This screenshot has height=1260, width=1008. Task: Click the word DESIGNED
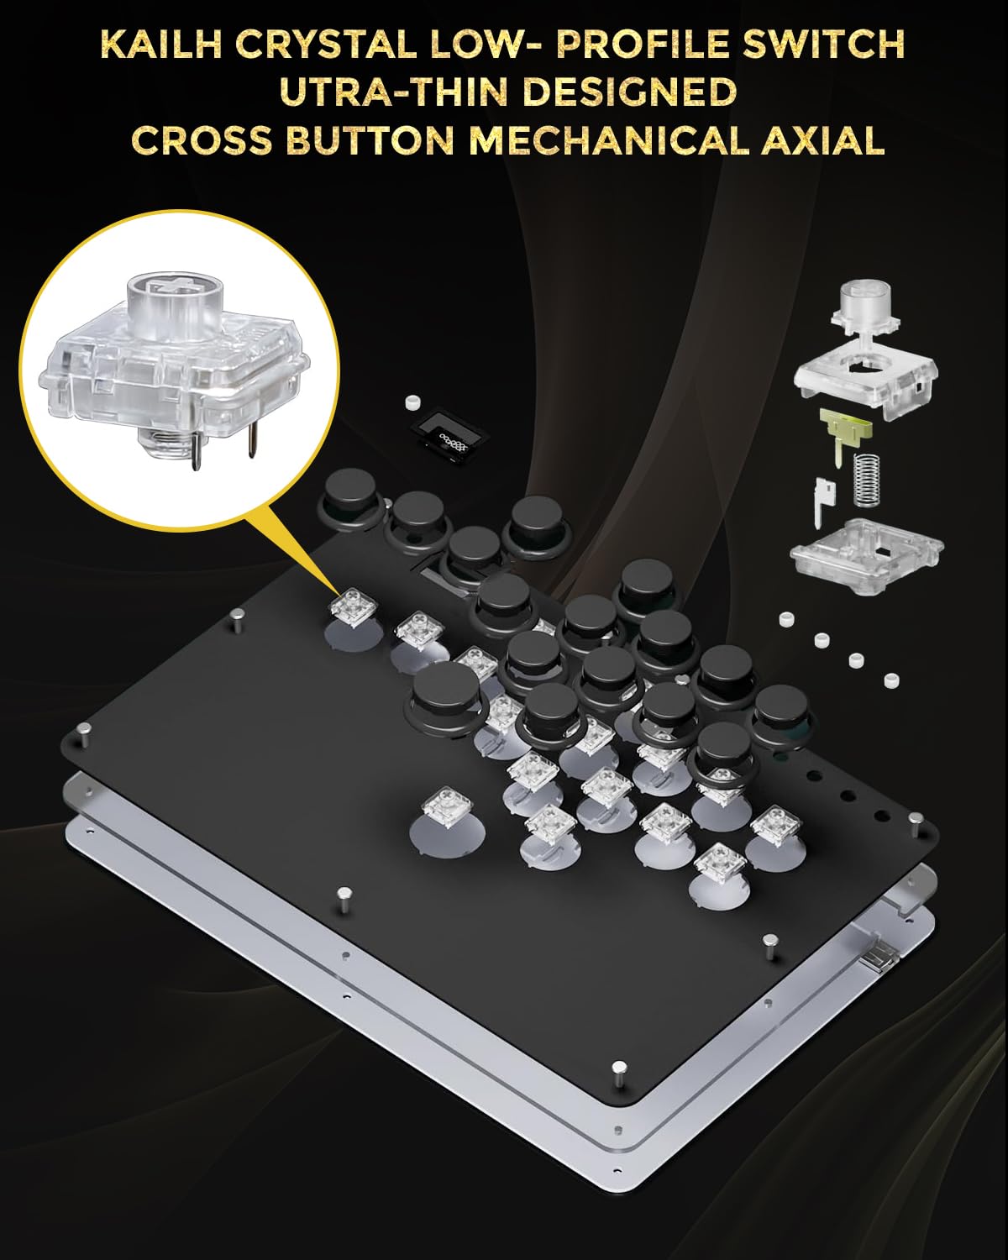click(629, 93)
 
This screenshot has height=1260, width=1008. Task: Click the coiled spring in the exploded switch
click(865, 480)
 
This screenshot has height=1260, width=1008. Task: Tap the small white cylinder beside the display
click(412, 402)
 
